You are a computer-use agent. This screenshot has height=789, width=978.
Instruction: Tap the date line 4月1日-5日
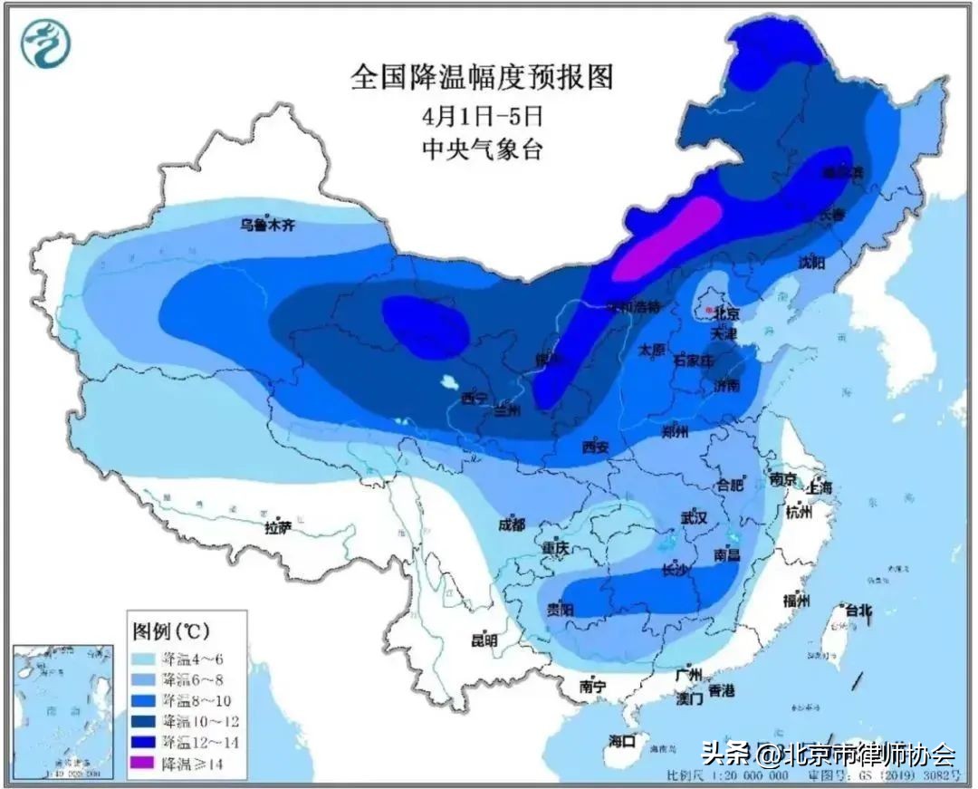[481, 116]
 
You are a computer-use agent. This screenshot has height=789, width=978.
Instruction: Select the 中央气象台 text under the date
[482, 149]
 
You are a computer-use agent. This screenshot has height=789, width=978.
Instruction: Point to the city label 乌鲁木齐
[267, 226]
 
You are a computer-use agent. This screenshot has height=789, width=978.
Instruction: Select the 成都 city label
[511, 524]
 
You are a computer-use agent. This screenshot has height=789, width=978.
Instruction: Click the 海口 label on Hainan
[624, 741]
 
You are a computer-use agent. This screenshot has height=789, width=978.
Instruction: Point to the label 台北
[856, 610]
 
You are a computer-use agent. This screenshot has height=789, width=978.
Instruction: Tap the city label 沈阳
[811, 263]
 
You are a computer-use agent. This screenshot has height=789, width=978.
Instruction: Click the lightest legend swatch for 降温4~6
[144, 656]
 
